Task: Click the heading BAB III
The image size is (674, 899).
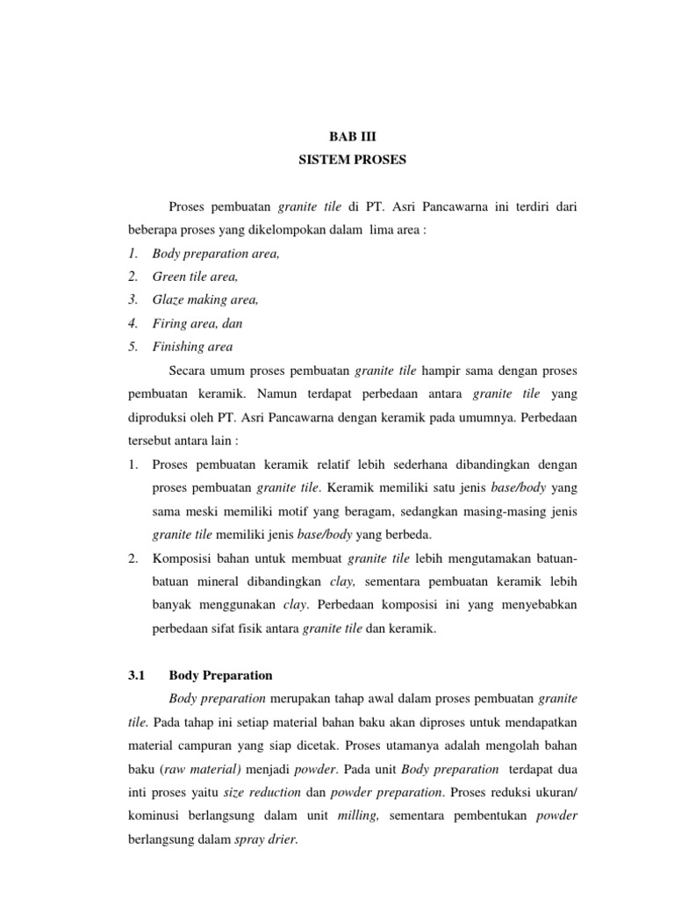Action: pyautogui.click(x=350, y=138)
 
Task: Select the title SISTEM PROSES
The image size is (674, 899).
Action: pyautogui.click(x=350, y=162)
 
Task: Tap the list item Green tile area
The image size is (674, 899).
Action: pyautogui.click(x=194, y=276)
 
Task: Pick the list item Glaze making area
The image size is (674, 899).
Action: pyautogui.click(x=204, y=299)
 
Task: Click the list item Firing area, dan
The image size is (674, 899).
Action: pyautogui.click(x=197, y=323)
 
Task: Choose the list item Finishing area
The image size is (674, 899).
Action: pyautogui.click(x=191, y=347)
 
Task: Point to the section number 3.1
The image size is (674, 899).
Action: pyautogui.click(x=136, y=675)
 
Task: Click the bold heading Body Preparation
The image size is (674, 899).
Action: pyautogui.click(x=219, y=675)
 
